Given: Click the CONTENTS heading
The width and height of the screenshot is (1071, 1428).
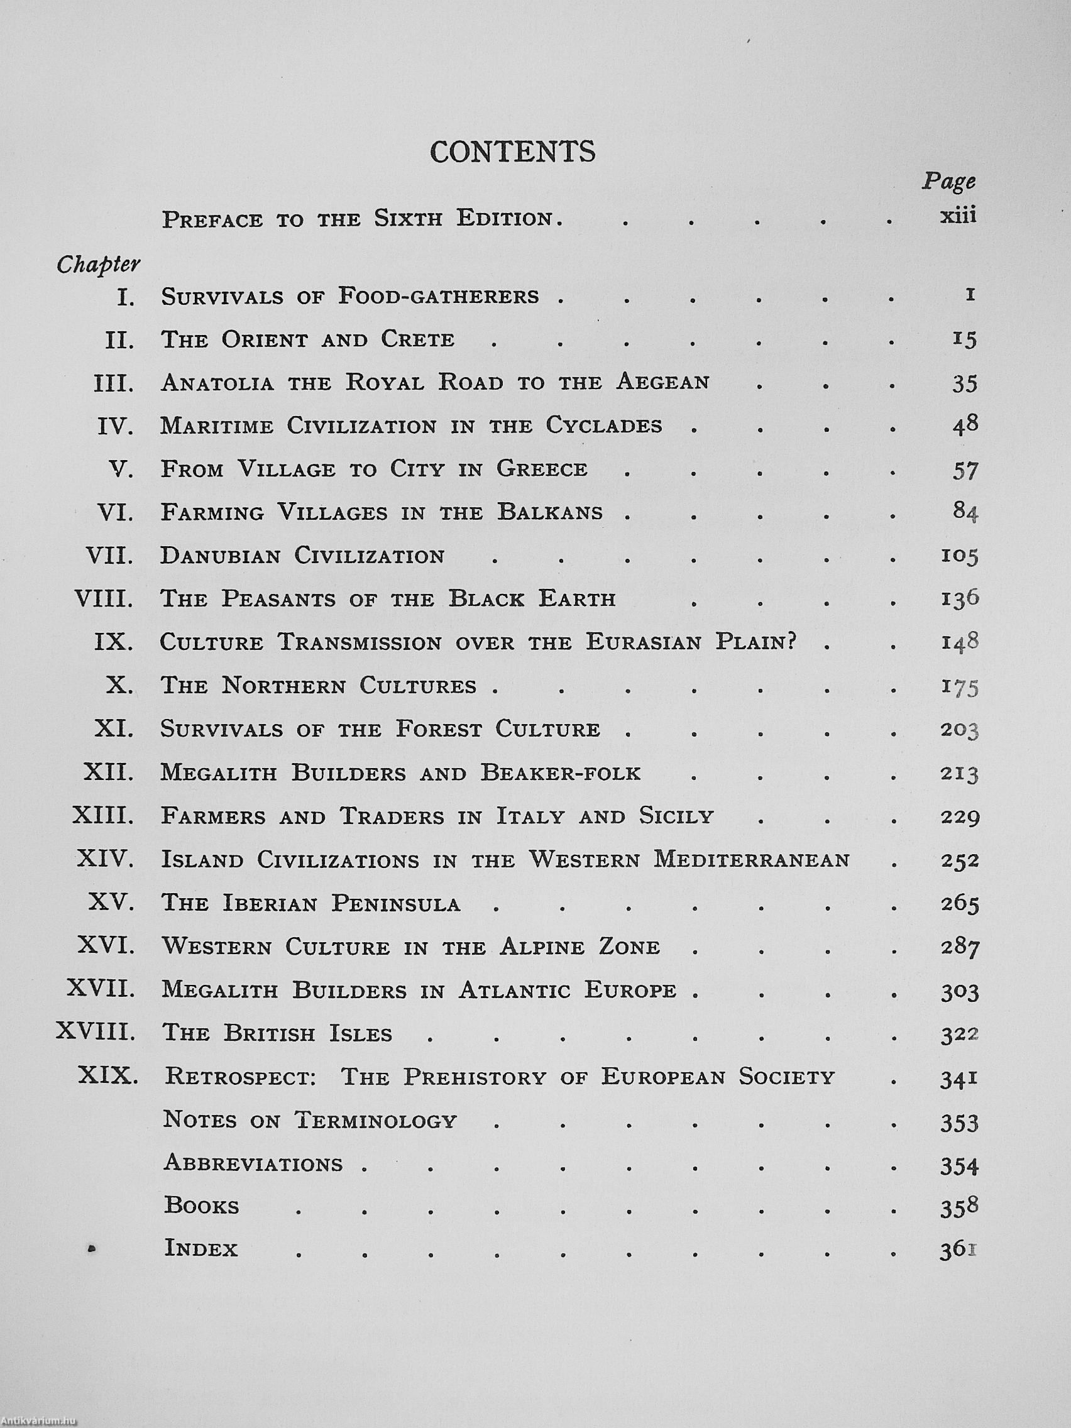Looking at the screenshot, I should (513, 151).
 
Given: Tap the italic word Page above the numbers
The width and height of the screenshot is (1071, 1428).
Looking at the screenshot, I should (948, 182).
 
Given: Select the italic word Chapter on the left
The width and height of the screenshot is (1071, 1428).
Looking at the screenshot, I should (98, 265).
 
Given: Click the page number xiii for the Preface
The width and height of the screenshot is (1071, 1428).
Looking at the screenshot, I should (957, 216).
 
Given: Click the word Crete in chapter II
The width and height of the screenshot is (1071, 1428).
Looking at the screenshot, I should (418, 339).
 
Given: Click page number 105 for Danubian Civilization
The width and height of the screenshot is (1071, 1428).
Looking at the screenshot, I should (959, 556).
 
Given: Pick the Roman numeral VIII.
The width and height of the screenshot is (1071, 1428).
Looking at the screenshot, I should (104, 599).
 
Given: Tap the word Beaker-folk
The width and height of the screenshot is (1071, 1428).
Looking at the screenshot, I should (560, 772).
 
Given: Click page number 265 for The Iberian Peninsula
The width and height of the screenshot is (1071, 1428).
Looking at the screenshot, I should (959, 903).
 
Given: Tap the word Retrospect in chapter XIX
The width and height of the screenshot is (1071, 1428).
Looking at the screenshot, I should (240, 1077).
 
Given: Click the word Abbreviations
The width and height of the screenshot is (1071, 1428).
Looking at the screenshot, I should (253, 1163).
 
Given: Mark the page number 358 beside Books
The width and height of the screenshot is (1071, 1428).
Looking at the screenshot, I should (959, 1207).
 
